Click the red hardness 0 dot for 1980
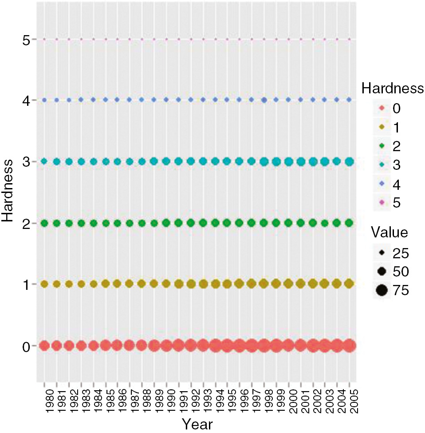[x=44, y=345]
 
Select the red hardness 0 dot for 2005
[x=349, y=345]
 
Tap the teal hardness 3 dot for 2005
[x=349, y=161]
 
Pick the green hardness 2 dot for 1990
[x=166, y=223]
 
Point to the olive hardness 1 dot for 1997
[x=252, y=284]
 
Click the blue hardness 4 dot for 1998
[x=264, y=100]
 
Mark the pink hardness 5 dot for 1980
[x=44, y=39]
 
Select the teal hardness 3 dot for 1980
[x=44, y=161]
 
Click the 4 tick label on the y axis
[x=26, y=100]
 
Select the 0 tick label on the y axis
[x=26, y=346]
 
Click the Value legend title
[x=389, y=233]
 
